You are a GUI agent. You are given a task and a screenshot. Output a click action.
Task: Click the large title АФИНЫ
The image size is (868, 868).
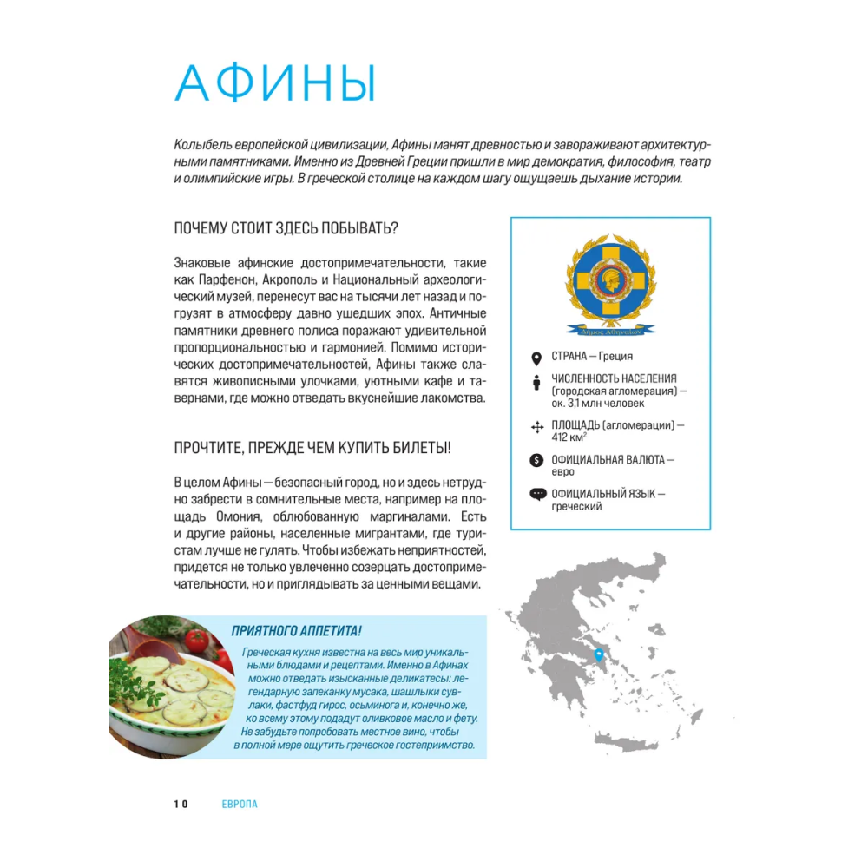pyautogui.click(x=275, y=84)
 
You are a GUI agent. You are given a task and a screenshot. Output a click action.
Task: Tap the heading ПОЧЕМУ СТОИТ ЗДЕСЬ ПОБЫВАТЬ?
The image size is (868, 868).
pyautogui.click(x=286, y=229)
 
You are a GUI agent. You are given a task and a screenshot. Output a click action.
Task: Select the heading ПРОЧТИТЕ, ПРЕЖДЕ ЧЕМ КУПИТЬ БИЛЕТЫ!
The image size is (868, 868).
pyautogui.click(x=312, y=448)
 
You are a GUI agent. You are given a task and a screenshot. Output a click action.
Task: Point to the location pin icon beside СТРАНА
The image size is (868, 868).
pyautogui.click(x=536, y=357)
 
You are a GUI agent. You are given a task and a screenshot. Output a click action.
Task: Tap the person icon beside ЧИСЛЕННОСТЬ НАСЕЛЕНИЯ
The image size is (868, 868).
pyautogui.click(x=536, y=382)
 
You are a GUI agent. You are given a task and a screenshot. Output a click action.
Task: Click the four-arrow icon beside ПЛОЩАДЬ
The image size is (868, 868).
pyautogui.click(x=536, y=426)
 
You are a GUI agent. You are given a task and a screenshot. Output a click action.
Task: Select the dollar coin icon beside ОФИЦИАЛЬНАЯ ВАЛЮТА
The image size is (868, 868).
pyautogui.click(x=536, y=460)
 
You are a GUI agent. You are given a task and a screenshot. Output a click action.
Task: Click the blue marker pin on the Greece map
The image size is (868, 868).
pyautogui.click(x=598, y=654)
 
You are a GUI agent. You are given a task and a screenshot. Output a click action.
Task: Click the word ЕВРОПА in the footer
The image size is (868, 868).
pyautogui.click(x=240, y=804)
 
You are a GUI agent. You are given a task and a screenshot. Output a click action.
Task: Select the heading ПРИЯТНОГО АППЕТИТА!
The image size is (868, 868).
pyautogui.click(x=296, y=631)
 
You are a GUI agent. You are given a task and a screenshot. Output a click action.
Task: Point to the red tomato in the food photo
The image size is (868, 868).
pyautogui.click(x=197, y=641)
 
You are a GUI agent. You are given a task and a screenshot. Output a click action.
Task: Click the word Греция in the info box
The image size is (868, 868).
pyautogui.click(x=616, y=357)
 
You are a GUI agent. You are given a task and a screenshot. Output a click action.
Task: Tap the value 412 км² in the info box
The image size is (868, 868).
pyautogui.click(x=569, y=438)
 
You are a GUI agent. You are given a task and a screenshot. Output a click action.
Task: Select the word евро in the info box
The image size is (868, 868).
pyautogui.click(x=562, y=472)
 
